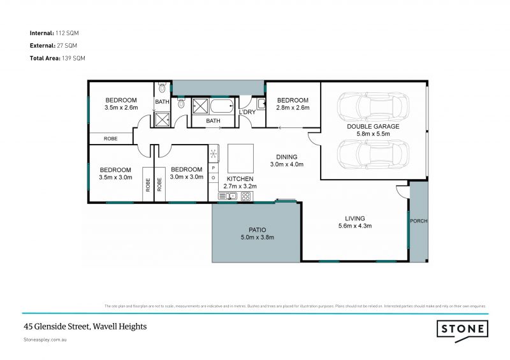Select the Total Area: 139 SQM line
click(58, 58)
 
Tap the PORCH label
click(419, 221)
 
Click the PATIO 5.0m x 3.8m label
click(257, 233)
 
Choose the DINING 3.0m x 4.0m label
click(286, 161)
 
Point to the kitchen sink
click(227, 196)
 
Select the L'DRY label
click(247, 113)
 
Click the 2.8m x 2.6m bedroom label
click(293, 104)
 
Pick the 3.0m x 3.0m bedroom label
click(187, 173)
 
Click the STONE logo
click(463, 329)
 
